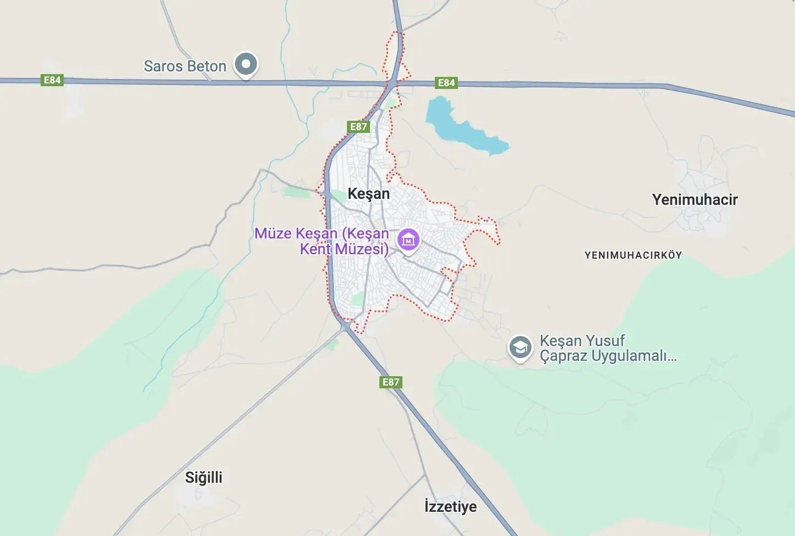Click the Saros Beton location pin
point(246,65)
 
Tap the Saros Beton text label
point(185,66)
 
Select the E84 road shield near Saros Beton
point(52,80)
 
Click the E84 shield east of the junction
point(446,83)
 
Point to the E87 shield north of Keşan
point(359,127)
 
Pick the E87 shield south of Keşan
point(391,382)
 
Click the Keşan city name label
point(369,194)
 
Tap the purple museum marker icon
point(408,240)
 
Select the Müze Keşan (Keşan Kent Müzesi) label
point(322,241)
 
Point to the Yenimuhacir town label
point(695,200)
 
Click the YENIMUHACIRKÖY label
point(633,255)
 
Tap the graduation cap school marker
point(519,348)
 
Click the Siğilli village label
point(204,477)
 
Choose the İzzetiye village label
point(450,506)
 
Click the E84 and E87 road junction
point(394,83)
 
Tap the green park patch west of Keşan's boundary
point(298,192)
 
